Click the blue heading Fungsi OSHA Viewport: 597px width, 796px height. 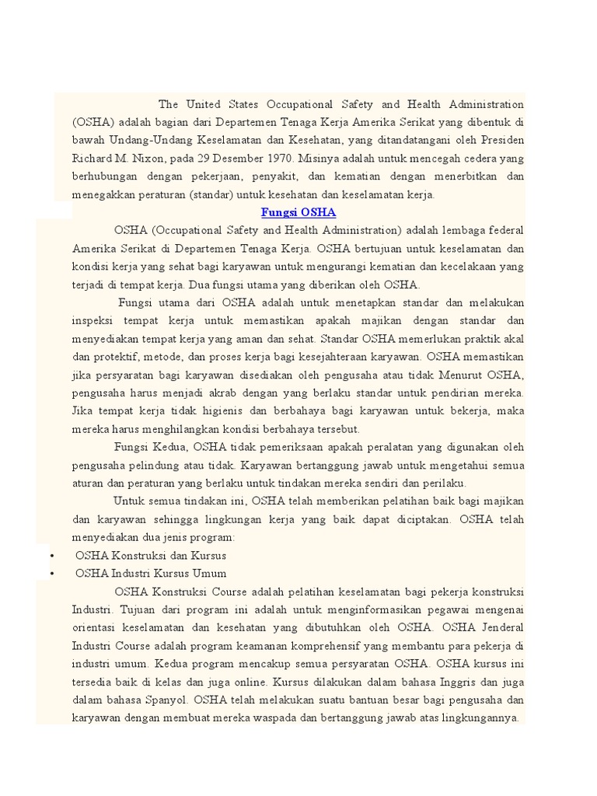(298, 212)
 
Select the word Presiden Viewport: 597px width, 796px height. (498, 140)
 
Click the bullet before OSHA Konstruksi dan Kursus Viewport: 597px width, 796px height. (50, 556)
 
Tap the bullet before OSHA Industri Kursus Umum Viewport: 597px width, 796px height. (50, 574)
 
